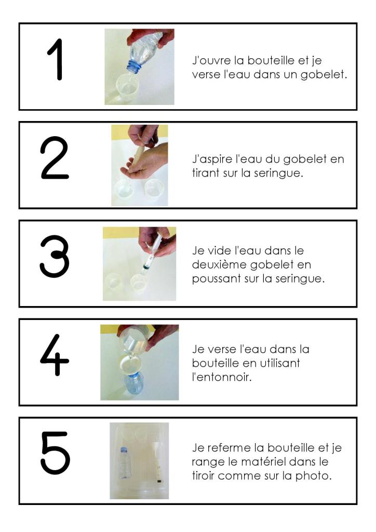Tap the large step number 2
[x=55, y=158]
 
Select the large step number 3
[x=55, y=257]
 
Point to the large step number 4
[x=55, y=355]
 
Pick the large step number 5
[x=56, y=453]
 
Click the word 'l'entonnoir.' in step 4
[x=222, y=377]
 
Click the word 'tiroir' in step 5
[x=203, y=476]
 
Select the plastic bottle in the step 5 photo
[x=125, y=463]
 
